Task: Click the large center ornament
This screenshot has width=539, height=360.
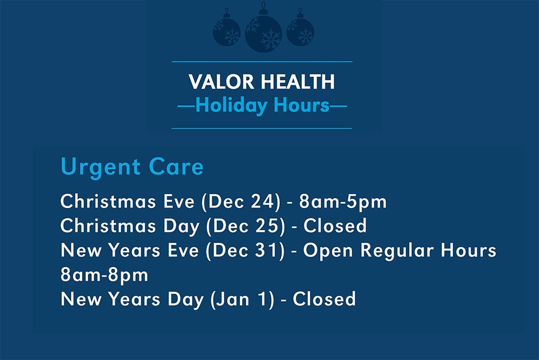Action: (264, 33)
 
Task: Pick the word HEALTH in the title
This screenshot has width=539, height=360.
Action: (298, 82)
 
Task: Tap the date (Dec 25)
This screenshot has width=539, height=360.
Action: (246, 225)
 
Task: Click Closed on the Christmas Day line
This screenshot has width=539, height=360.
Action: (335, 225)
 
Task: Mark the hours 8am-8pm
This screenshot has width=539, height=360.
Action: (104, 274)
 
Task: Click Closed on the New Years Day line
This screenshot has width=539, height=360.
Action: (324, 299)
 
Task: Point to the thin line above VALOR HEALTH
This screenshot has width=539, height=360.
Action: (262, 62)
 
